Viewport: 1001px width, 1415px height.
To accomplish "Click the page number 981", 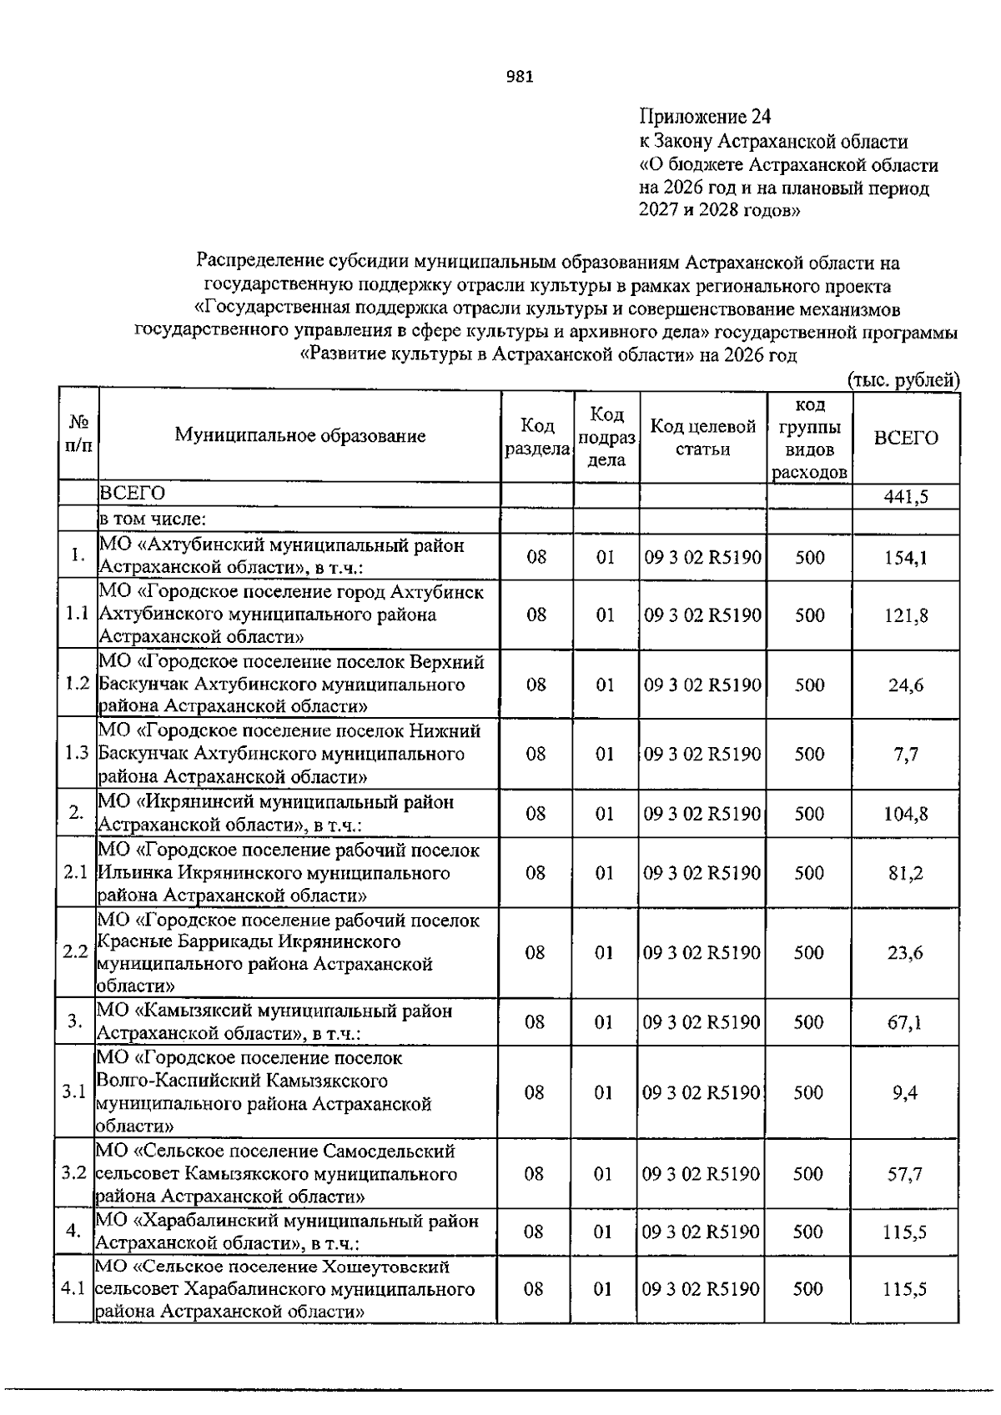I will pyautogui.click(x=520, y=78).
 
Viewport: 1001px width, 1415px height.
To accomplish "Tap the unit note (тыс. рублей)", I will pyautogui.click(x=903, y=380).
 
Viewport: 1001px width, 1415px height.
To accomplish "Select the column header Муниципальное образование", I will pyautogui.click(x=299, y=435).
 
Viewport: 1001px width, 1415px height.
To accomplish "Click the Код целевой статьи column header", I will pyautogui.click(x=702, y=438).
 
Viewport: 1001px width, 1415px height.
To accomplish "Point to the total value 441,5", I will pyautogui.click(x=905, y=498).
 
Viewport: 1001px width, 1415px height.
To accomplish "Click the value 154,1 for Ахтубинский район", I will pyautogui.click(x=905, y=557).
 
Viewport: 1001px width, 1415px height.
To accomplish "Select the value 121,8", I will pyautogui.click(x=905, y=615).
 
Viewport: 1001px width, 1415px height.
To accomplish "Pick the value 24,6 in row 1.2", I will pyautogui.click(x=905, y=685).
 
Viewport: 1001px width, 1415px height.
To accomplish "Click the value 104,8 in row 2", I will pyautogui.click(x=905, y=814).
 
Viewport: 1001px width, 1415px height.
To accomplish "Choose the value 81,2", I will pyautogui.click(x=905, y=873).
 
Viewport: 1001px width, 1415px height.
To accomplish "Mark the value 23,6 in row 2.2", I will pyautogui.click(x=905, y=953).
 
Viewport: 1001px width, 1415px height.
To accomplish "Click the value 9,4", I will pyautogui.click(x=905, y=1092).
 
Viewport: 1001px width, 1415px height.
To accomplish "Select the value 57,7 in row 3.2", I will pyautogui.click(x=905, y=1174).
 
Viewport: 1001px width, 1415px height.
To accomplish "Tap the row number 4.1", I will pyautogui.click(x=73, y=1289).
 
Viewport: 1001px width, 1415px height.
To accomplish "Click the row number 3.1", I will pyautogui.click(x=74, y=1092).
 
